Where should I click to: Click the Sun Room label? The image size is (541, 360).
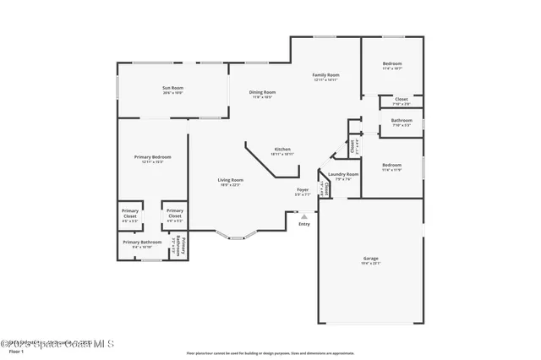[x=172, y=88]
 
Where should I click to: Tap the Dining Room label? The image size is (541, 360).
[x=262, y=92]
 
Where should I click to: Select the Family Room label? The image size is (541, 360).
[x=325, y=75]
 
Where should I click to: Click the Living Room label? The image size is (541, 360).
[x=230, y=180]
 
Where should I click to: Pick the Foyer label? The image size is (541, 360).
[x=302, y=190]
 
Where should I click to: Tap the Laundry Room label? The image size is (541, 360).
[x=347, y=174]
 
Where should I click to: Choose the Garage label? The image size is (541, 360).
[x=370, y=259]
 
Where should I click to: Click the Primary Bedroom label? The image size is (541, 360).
[x=152, y=157]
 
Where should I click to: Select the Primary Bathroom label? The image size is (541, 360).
[x=141, y=243]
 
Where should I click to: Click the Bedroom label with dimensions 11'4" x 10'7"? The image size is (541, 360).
[x=391, y=64]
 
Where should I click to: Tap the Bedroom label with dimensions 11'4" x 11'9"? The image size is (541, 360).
[x=391, y=165]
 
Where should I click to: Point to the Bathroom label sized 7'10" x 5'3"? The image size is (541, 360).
[x=401, y=120]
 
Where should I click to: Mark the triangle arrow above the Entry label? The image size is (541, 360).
[x=303, y=216]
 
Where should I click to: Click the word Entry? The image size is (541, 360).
[x=303, y=224]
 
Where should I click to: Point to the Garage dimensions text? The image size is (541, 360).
[x=370, y=263]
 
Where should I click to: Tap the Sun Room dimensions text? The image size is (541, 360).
[x=172, y=93]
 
